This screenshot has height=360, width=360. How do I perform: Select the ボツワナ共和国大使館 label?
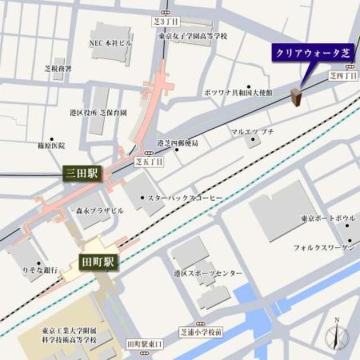click(238, 92)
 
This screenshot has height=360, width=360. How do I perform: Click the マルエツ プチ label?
click(253, 131)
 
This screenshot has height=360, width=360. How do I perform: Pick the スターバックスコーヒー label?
click(185, 198)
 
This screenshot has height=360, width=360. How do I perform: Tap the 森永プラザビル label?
click(101, 210)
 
